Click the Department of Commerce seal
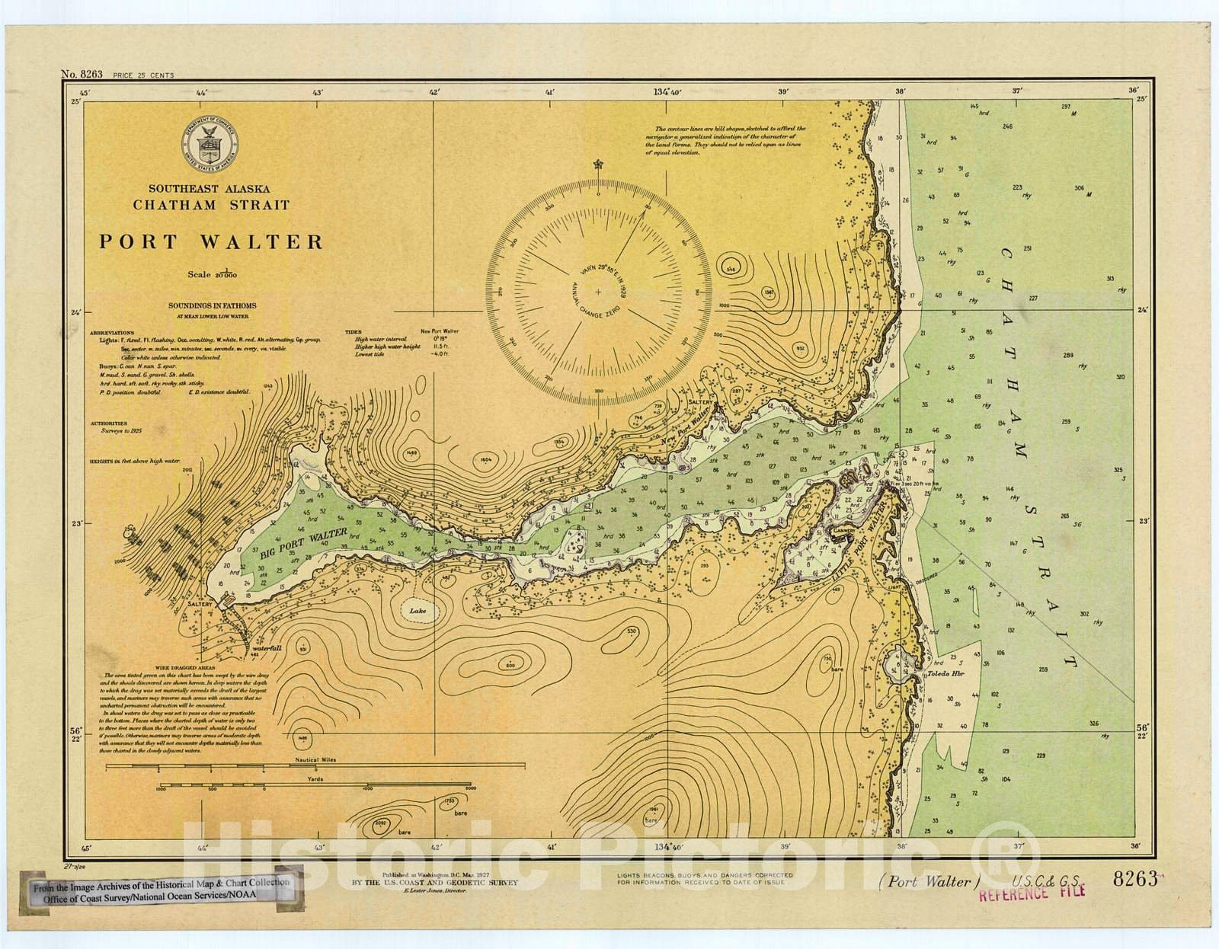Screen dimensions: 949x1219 tap(210, 145)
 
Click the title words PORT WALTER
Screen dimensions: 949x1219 tap(211, 242)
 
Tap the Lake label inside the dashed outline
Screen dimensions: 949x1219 tap(417, 611)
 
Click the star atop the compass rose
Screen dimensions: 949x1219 tap(598, 163)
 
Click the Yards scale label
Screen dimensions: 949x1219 tap(315, 779)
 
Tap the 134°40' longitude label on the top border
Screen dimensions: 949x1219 tap(667, 92)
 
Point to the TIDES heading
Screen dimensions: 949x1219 tap(352, 332)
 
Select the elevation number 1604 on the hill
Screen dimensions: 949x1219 tap(485, 459)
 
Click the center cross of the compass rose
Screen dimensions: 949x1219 tap(598, 292)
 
